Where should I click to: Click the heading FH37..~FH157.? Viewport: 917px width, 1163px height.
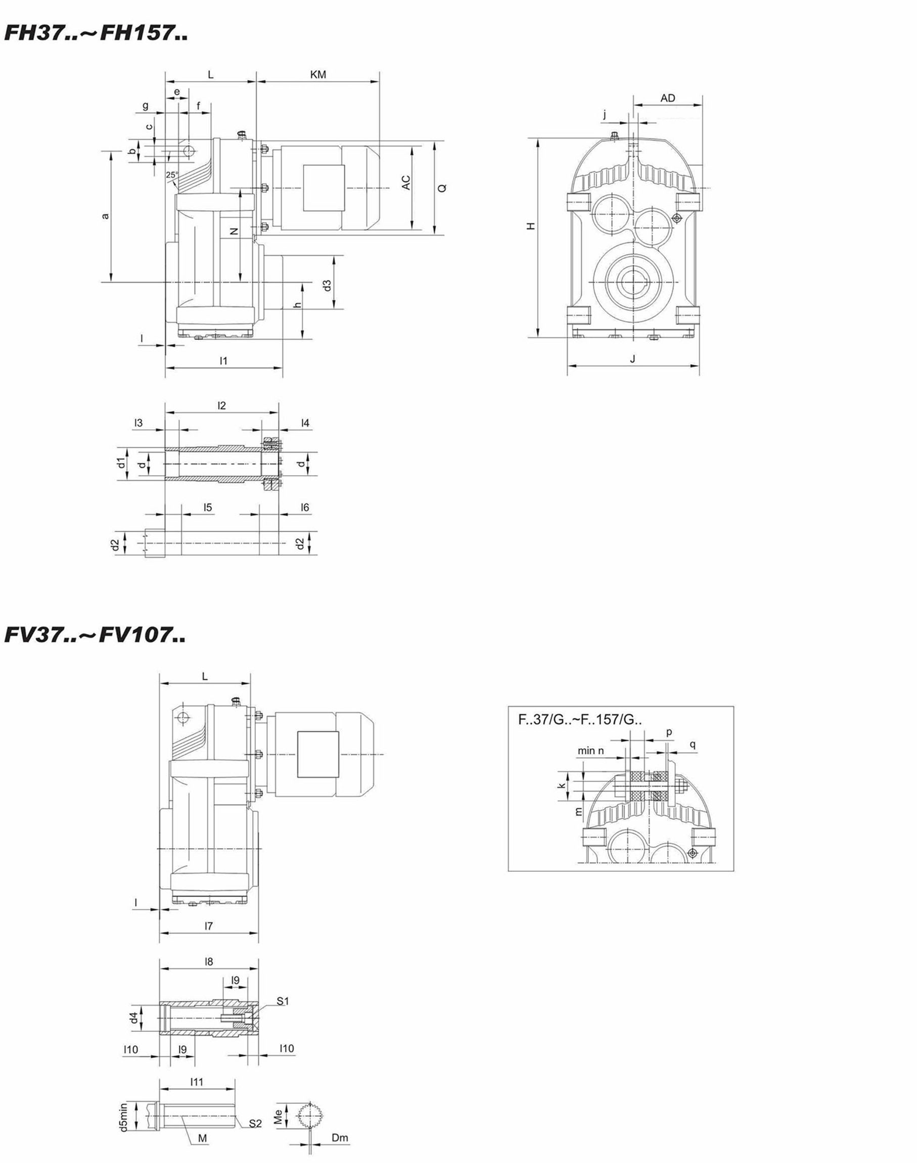(96, 33)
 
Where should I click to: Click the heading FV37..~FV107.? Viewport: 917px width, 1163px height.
(96, 635)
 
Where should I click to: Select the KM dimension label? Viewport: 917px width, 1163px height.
(318, 75)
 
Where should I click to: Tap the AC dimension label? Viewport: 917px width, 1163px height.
(406, 182)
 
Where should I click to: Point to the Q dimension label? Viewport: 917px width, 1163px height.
(442, 188)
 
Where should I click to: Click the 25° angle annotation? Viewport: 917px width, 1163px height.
(172, 174)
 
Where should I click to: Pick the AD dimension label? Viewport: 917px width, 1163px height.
(668, 98)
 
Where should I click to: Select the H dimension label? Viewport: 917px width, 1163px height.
(531, 226)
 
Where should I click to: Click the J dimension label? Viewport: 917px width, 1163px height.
(632, 358)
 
